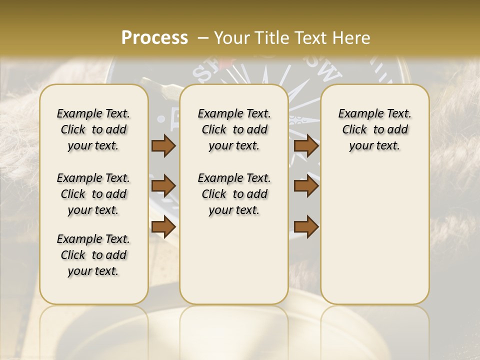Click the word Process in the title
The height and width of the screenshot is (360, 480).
(154, 38)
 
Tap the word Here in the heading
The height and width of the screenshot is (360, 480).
(352, 38)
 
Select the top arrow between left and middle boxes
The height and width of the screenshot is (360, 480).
(163, 146)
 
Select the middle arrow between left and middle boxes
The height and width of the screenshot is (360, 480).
(163, 186)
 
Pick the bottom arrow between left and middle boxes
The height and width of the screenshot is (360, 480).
(163, 227)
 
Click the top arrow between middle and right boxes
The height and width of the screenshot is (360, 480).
(306, 146)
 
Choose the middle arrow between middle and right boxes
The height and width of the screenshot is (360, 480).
(306, 186)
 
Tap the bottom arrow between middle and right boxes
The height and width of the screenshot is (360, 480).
(306, 227)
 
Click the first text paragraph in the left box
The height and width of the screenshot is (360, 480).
(93, 129)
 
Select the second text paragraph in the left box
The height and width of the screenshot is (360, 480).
(93, 194)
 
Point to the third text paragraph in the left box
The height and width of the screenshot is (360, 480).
(93, 255)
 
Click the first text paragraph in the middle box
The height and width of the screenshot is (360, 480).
(234, 129)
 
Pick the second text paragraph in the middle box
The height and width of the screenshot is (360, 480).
(234, 194)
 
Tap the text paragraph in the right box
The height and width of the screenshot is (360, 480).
(374, 129)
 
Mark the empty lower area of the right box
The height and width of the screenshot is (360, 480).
(374, 240)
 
